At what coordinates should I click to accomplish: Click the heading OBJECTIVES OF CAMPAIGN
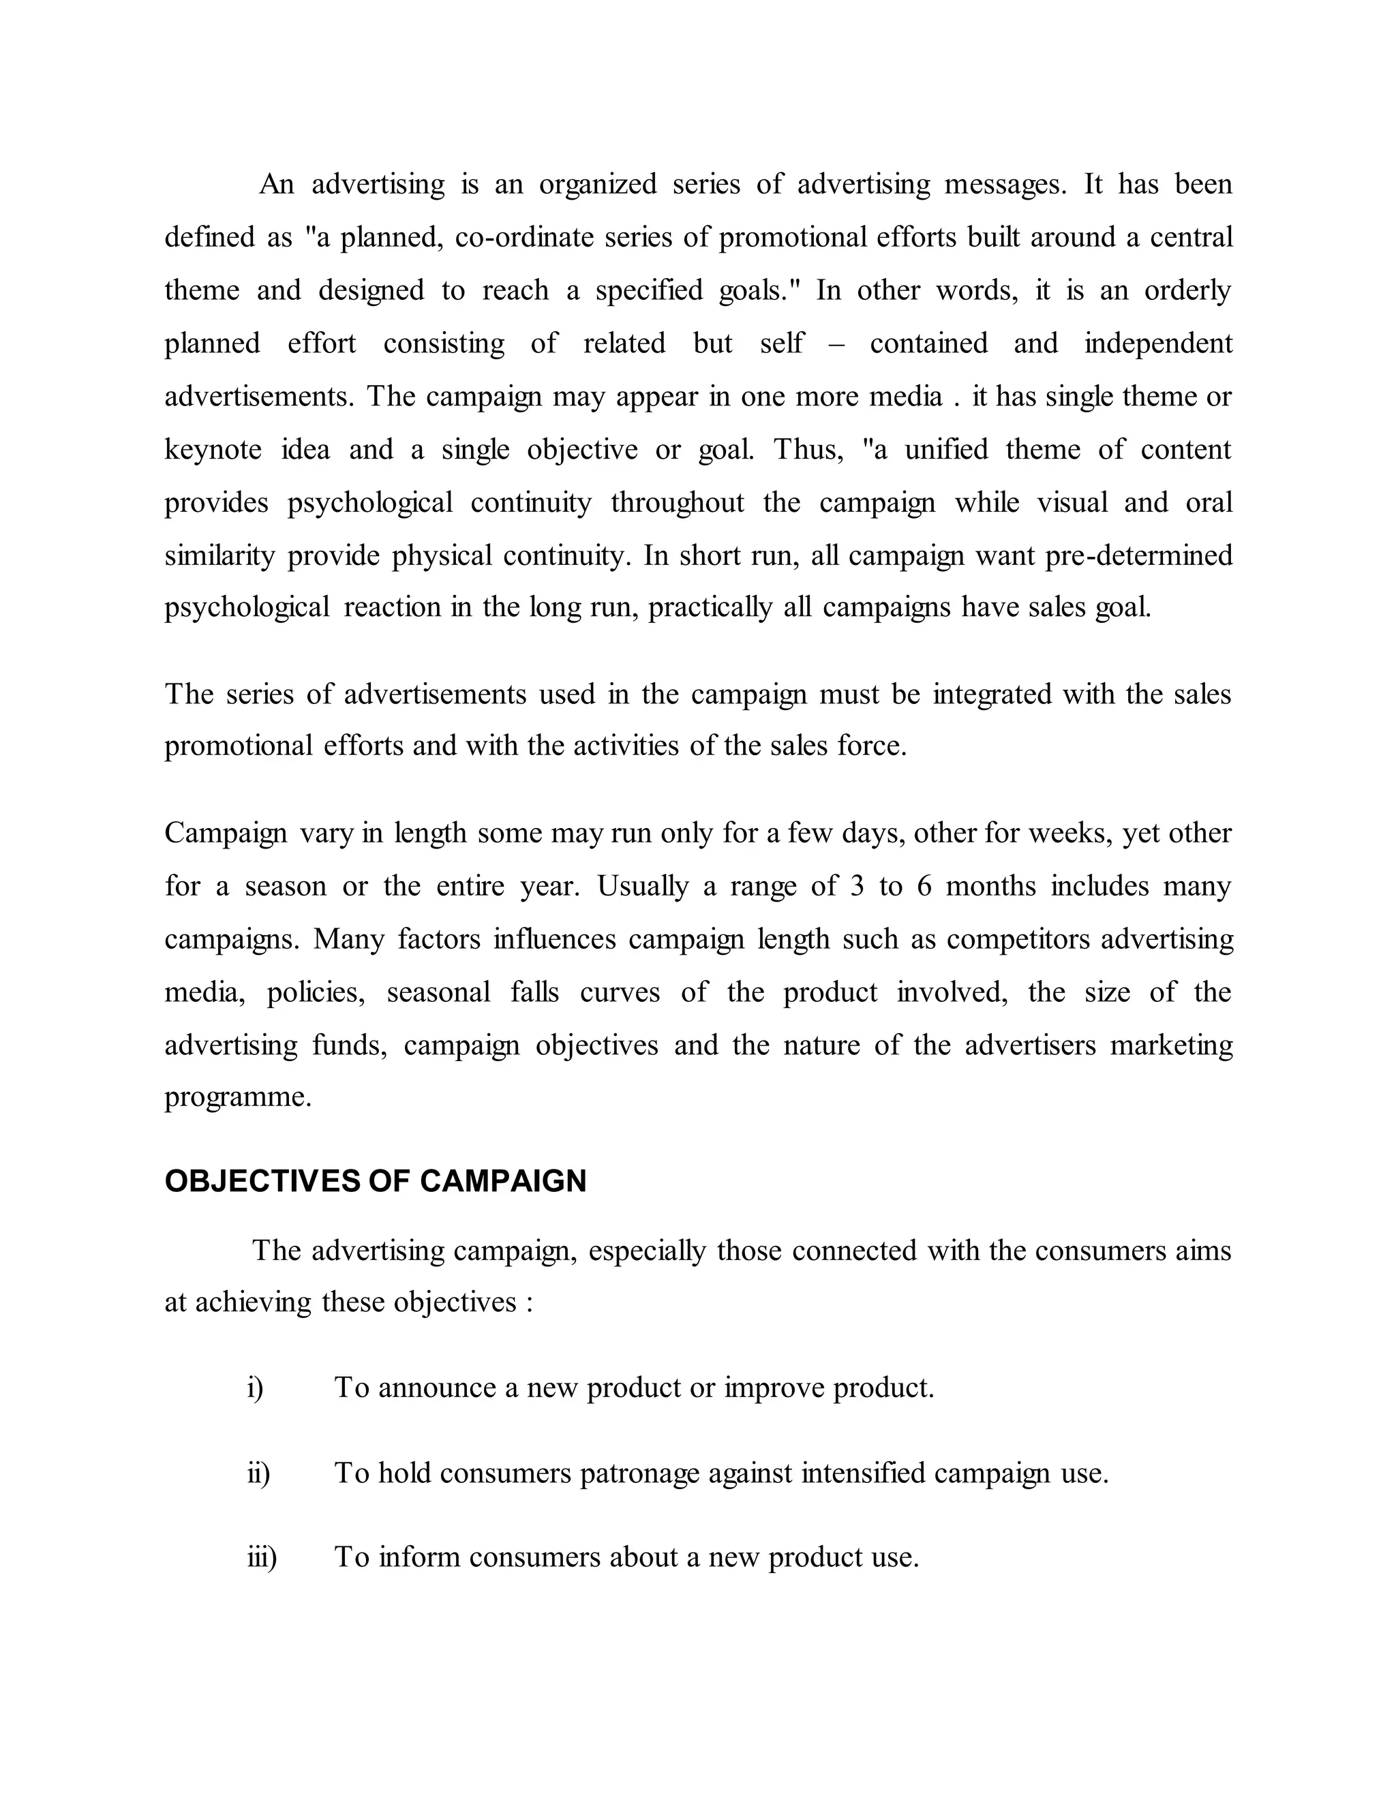(x=376, y=1181)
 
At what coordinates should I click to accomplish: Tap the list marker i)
(x=256, y=1387)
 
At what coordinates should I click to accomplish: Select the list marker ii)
(x=259, y=1473)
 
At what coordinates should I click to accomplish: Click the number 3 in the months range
(x=857, y=886)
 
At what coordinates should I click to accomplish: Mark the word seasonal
(x=438, y=992)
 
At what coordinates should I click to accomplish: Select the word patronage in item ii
(x=639, y=1473)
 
